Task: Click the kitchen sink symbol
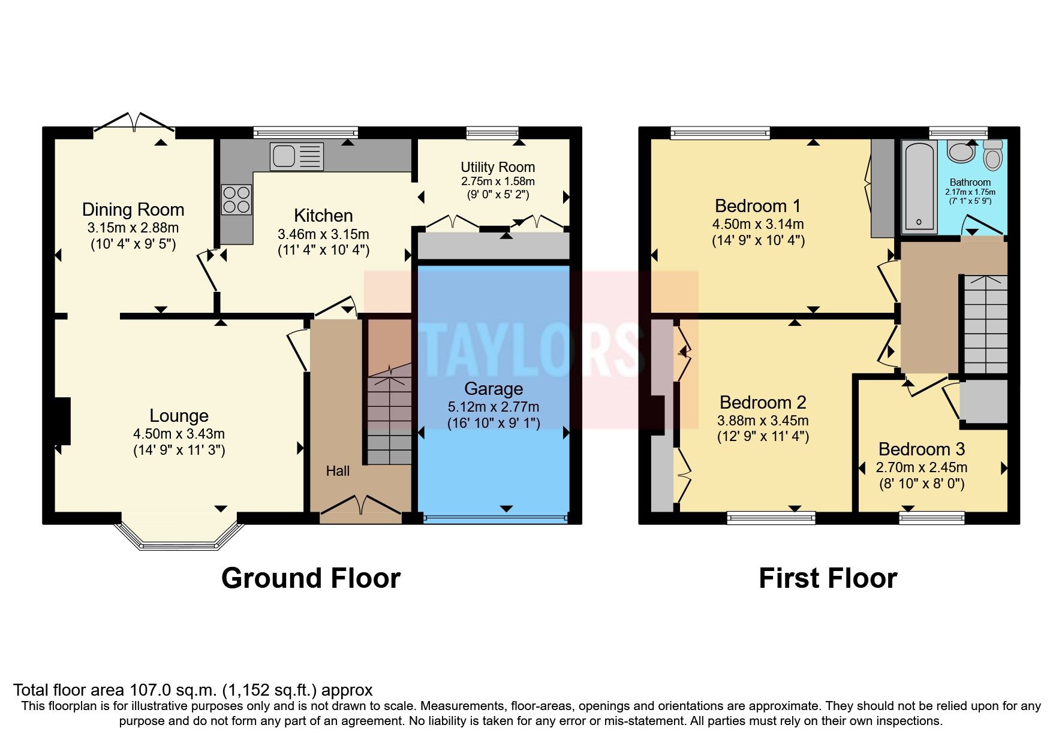point(296,156)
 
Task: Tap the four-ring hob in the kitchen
point(236,200)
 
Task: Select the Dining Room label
point(133,210)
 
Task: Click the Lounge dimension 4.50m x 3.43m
point(179,434)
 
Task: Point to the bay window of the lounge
point(180,537)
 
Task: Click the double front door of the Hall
point(360,506)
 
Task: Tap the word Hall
point(338,472)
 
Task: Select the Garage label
point(494,389)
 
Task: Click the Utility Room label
point(498,167)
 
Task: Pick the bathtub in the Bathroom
point(920,186)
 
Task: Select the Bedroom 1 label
point(757,206)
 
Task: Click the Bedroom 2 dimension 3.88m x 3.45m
point(763,421)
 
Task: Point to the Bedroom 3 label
point(922,449)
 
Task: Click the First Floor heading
point(828,579)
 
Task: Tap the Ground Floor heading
point(311,579)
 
